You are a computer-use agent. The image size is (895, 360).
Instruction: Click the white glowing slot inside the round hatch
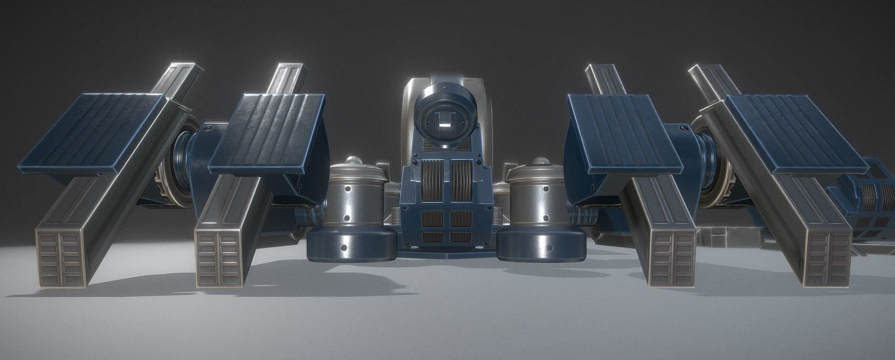pos(444,125)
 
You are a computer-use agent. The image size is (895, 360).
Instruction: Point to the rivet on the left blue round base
pos(343,247)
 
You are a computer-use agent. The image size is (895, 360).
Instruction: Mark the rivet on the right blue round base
pos(549,247)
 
